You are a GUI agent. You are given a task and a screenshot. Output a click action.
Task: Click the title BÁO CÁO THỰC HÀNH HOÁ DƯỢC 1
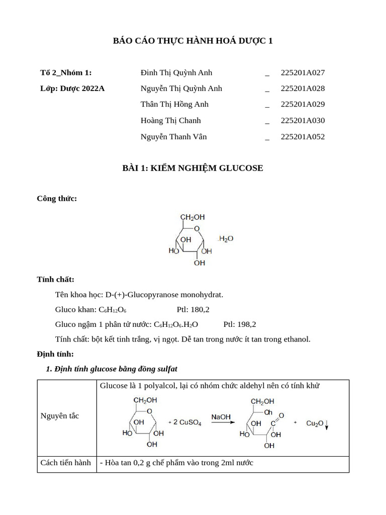tap(192, 41)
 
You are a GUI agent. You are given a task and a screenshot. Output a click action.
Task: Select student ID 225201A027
tap(303, 72)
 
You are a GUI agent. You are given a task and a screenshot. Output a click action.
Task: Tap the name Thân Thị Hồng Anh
tap(174, 105)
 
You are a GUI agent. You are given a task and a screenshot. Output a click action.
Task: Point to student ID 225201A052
tap(303, 137)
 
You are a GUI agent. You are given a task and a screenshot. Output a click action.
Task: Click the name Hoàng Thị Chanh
tap(170, 121)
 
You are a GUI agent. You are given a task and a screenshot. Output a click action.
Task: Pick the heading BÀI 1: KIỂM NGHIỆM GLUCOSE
tap(192, 168)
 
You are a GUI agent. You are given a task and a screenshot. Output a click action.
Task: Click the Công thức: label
tap(57, 199)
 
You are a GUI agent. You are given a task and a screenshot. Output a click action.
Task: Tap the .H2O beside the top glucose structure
tap(225, 239)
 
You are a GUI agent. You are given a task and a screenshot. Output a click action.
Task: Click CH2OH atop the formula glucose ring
tap(192, 217)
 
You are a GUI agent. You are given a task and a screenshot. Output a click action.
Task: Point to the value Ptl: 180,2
tap(193, 309)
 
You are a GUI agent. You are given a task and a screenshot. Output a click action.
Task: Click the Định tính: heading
tap(55, 354)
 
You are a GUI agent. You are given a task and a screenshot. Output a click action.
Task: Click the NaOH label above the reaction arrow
tap(221, 417)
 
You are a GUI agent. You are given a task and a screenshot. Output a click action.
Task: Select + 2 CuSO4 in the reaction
tap(184, 423)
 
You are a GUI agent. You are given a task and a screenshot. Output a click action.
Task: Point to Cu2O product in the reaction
tap(315, 423)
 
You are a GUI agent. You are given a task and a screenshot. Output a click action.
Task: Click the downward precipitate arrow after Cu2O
tap(327, 425)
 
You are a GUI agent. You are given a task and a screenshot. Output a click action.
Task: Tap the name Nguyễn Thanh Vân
tap(173, 137)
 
